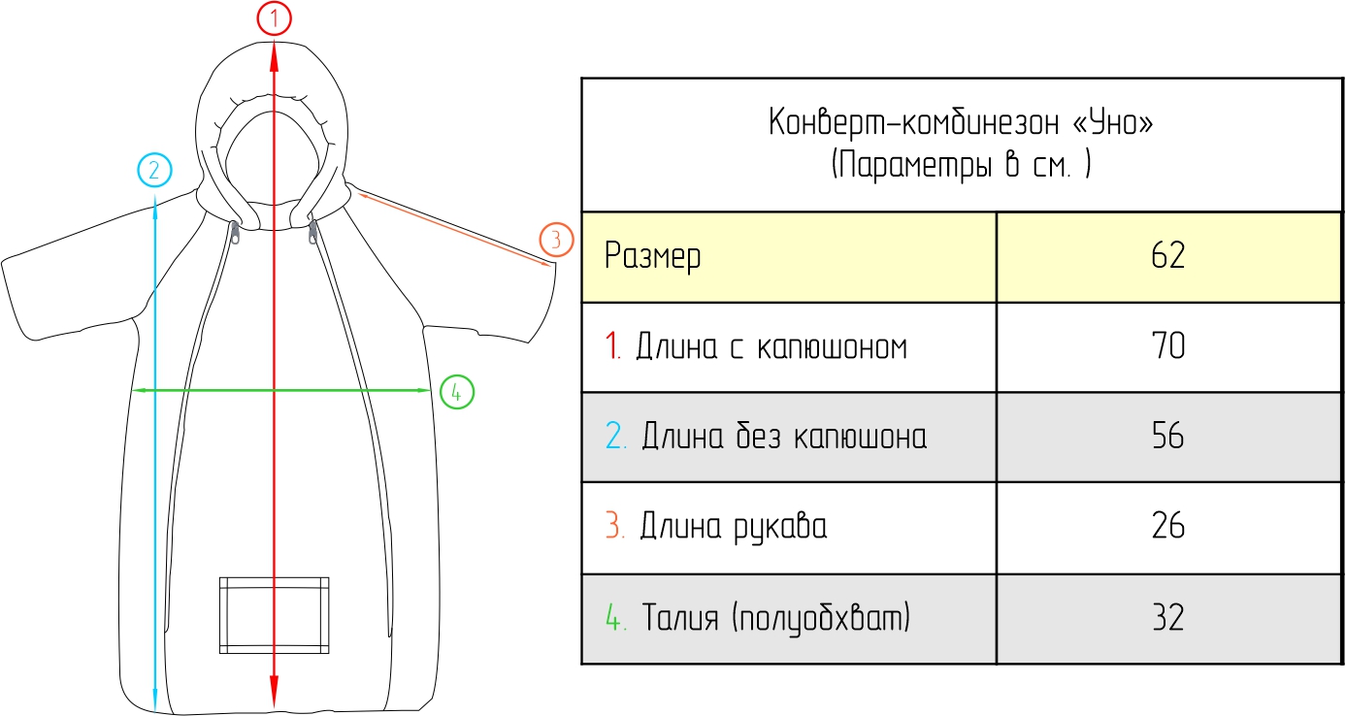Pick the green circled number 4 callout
tap(456, 392)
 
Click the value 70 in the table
tap(1169, 346)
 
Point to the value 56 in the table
tap(1169, 437)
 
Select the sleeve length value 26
tap(1169, 527)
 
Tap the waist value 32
tap(1169, 618)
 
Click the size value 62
tap(1169, 256)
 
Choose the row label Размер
tap(652, 257)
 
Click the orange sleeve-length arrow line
tap(451, 227)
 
